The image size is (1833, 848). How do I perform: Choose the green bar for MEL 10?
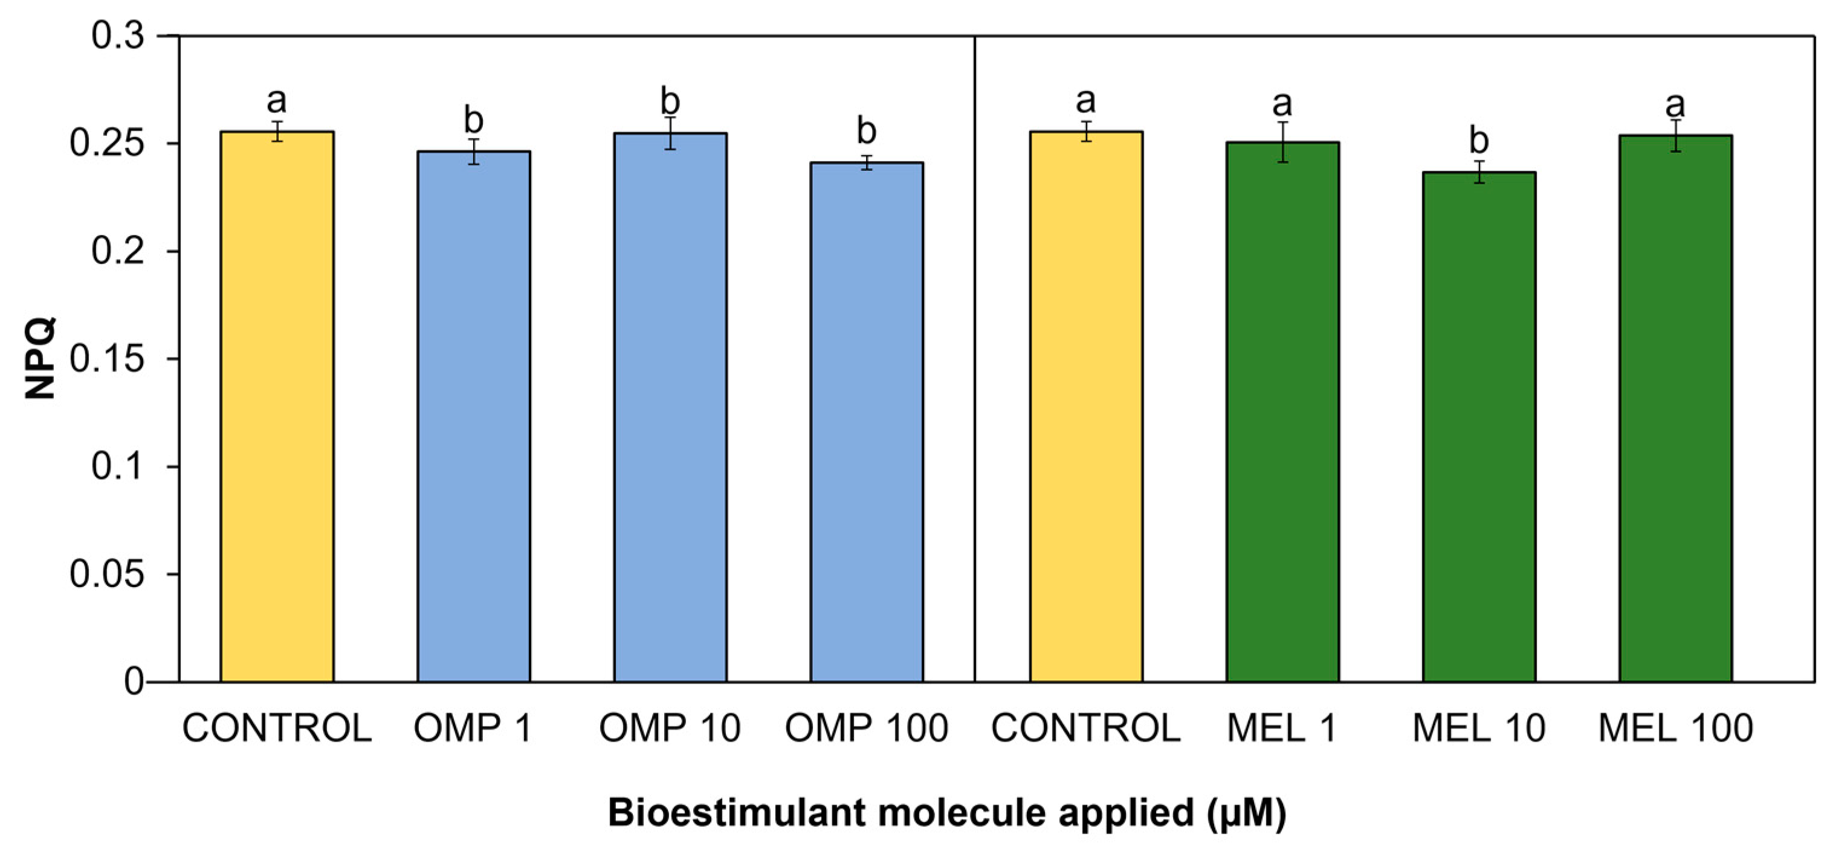point(1479,427)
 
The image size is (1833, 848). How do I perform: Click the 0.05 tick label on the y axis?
point(107,574)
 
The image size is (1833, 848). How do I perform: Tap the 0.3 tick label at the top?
point(117,36)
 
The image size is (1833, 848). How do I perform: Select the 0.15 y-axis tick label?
point(107,359)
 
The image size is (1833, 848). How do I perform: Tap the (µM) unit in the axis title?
point(1247,813)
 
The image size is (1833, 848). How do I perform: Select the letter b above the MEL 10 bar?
point(1479,140)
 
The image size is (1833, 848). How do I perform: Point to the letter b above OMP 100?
point(866,131)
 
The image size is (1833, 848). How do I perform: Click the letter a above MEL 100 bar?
point(1675,104)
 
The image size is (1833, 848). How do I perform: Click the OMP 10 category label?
point(670,728)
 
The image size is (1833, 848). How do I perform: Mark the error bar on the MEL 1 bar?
point(1282,143)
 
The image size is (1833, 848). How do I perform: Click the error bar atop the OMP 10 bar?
point(670,133)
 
